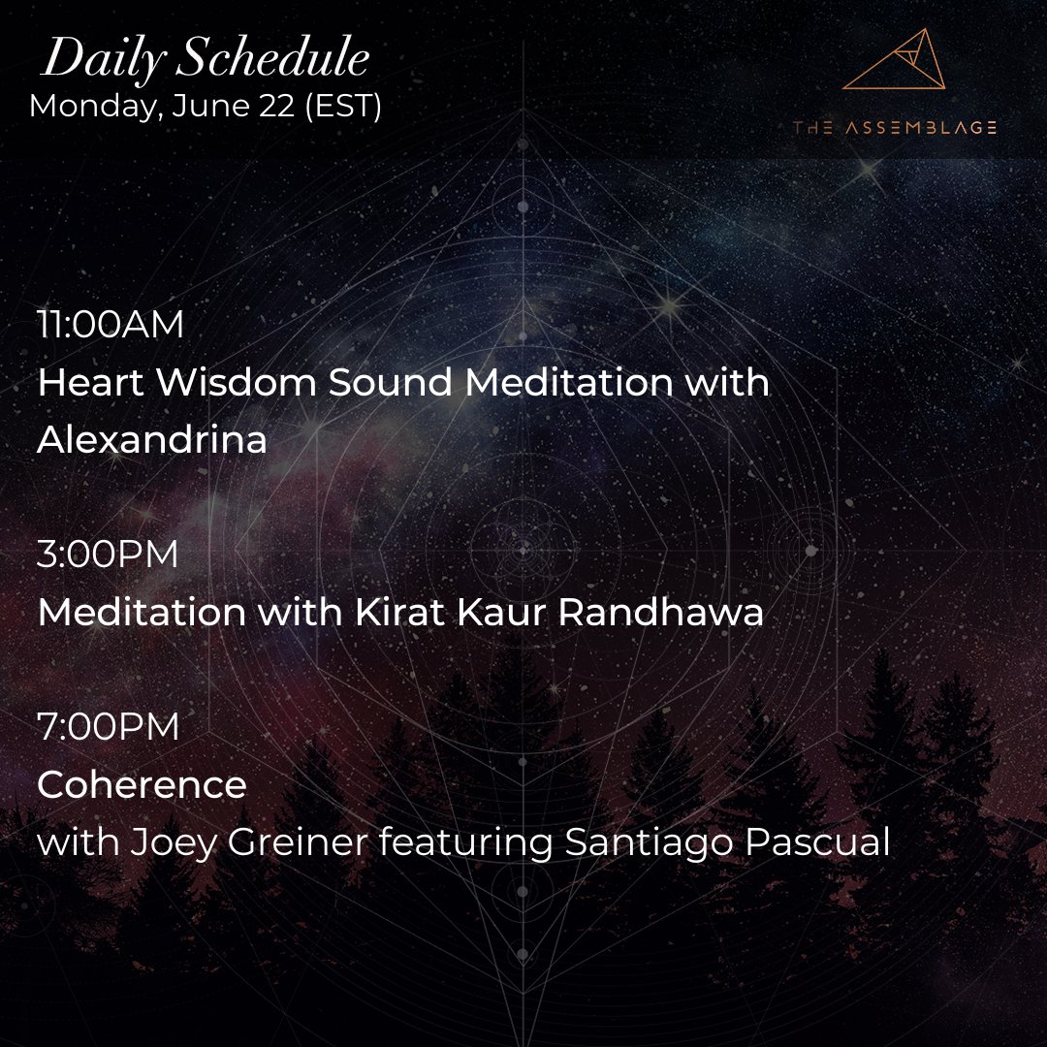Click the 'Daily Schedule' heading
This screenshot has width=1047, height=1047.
pyautogui.click(x=205, y=61)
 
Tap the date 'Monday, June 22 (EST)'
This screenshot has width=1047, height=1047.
pyautogui.click(x=205, y=105)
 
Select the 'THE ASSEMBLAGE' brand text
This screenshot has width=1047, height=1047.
pyautogui.click(x=894, y=128)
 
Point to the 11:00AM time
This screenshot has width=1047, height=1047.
pyautogui.click(x=110, y=326)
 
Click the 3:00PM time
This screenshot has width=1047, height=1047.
pyautogui.click(x=108, y=555)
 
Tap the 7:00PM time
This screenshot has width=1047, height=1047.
pyautogui.click(x=108, y=727)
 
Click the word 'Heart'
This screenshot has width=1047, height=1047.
pyautogui.click(x=91, y=383)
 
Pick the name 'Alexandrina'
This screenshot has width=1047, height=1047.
pyautogui.click(x=151, y=440)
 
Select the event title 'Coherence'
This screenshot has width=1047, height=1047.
pyautogui.click(x=142, y=784)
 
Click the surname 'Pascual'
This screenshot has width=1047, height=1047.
pyautogui.click(x=816, y=842)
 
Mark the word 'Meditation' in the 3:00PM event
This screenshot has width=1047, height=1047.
pyautogui.click(x=142, y=613)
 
